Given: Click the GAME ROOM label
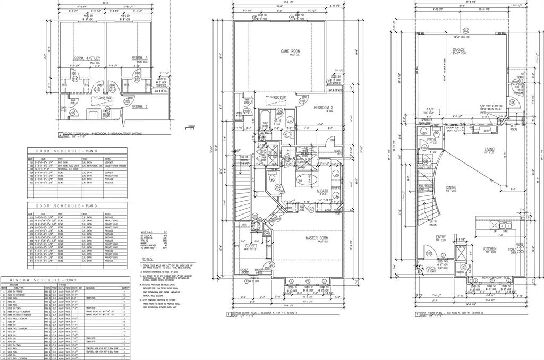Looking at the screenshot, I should pos(290,51).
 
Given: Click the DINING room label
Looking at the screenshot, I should pos(451,187).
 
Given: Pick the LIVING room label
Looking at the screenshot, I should pos(489,150).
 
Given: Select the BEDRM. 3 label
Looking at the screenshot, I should pos(139,58).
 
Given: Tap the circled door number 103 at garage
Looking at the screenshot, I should pos(466,30).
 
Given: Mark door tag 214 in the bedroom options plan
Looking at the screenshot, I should pos(75,80).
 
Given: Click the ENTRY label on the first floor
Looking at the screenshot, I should pos(441,237).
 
